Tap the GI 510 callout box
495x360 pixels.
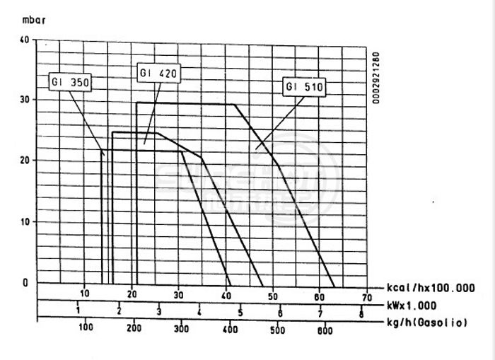pos(304,88)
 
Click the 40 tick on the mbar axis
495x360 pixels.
pos(24,40)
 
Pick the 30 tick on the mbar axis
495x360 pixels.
pos(24,100)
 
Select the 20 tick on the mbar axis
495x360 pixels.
pos(24,161)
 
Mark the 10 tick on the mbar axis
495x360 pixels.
pos(24,221)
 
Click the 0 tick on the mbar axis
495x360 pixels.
pos(25,282)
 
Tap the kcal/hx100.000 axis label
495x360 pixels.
pos(432,289)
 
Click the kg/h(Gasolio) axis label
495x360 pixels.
pos(427,323)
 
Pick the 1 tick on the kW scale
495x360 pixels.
pos(78,311)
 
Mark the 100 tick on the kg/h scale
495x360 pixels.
pos(86,327)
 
